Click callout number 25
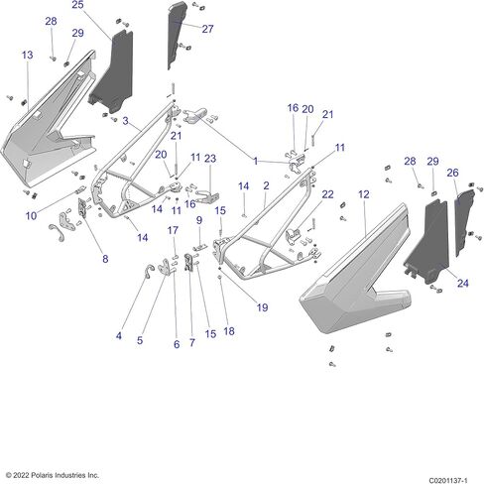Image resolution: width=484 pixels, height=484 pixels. tap(77, 5)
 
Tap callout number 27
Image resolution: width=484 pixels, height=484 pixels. tap(207, 29)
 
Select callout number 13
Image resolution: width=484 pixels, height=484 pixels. tap(28, 55)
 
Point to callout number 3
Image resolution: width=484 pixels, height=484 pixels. tap(125, 121)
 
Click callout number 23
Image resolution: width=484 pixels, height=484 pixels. tap(210, 159)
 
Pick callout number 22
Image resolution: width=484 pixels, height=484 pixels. tap(327, 194)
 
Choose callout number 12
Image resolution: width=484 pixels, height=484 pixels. tap(364, 194)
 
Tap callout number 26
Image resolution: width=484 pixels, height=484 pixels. tap(452, 173)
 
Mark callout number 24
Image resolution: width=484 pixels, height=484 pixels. tap(463, 283)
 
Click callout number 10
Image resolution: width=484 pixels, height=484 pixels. tap(31, 216)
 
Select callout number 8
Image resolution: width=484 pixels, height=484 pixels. tap(105, 259)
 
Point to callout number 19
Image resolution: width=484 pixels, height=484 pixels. tap(262, 307)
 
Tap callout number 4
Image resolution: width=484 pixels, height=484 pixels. tap(119, 336)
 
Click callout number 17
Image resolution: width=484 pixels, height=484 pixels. tap(173, 230)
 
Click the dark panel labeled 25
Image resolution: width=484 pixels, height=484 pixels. tap(112, 71)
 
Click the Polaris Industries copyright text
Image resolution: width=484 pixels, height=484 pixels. tap(53, 475)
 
